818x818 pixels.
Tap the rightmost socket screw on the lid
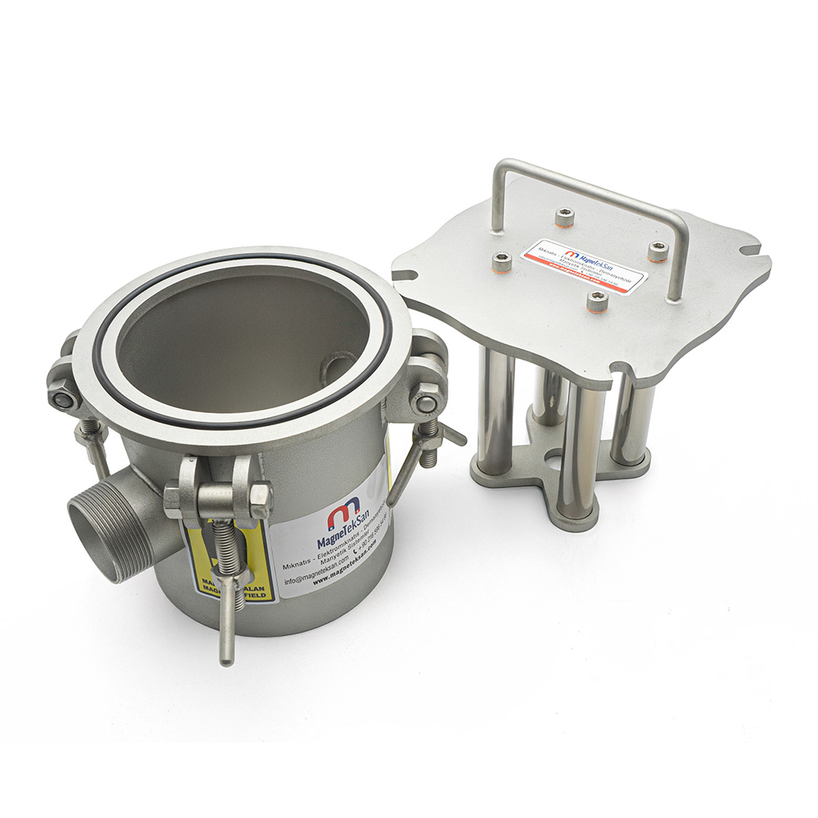[x=658, y=251]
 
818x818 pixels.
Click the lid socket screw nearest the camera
[x=598, y=303]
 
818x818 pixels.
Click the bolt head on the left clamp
[x=62, y=398]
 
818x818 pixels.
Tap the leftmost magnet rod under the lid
[x=496, y=409]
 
